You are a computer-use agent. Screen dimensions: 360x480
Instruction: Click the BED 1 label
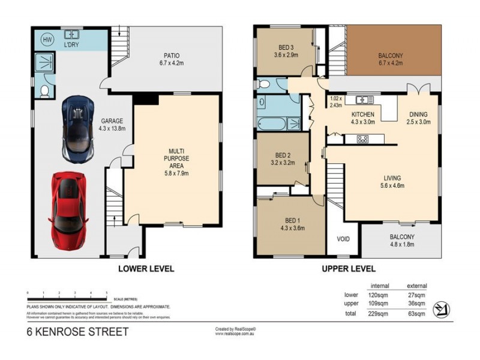point(292,224)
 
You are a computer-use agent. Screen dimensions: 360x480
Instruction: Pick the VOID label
point(343,239)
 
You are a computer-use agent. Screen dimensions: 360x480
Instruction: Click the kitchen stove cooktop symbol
point(362,139)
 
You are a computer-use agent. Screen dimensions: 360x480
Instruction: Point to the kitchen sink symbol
point(362,100)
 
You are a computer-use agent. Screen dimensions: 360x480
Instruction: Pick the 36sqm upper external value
point(416,304)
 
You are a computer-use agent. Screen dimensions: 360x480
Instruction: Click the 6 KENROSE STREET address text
point(77,331)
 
